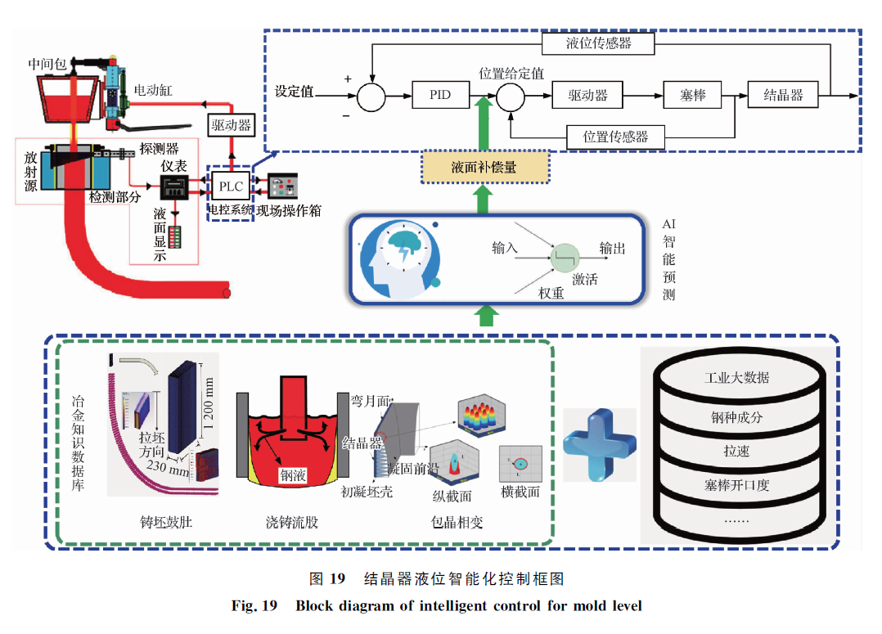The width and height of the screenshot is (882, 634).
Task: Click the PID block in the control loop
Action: click(x=440, y=95)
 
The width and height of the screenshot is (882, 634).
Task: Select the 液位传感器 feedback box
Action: click(x=598, y=43)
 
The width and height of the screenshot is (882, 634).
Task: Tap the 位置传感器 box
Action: click(x=615, y=137)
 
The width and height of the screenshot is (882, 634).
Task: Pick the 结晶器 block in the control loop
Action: click(x=783, y=95)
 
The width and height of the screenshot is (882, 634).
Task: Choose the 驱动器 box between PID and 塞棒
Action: click(x=587, y=95)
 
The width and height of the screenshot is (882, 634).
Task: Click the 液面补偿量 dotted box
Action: click(x=484, y=168)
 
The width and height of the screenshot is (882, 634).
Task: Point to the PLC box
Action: click(x=231, y=187)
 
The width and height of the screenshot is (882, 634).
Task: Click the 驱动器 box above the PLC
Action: click(x=232, y=125)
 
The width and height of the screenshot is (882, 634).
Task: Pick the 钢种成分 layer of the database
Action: click(x=736, y=416)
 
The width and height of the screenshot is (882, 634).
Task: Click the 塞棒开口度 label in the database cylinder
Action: click(x=736, y=485)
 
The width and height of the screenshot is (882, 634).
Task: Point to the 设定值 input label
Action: click(x=294, y=92)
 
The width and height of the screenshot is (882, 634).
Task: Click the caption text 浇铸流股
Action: click(x=292, y=521)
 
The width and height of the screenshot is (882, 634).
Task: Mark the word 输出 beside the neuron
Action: click(x=612, y=248)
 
